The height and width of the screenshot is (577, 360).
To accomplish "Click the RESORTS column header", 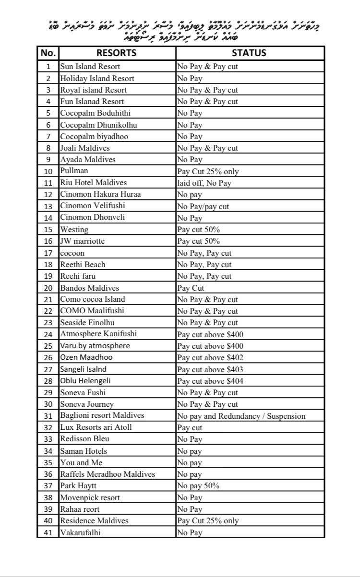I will [117, 53].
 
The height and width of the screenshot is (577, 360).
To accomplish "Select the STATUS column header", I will [249, 53].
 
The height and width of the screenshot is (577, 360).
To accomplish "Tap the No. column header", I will [48, 53].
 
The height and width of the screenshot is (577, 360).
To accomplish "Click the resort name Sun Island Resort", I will [90, 67].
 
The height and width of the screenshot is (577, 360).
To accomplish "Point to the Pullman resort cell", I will [74, 171].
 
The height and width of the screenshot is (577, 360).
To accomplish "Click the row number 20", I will [48, 288].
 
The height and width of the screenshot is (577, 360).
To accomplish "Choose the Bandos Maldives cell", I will [89, 288].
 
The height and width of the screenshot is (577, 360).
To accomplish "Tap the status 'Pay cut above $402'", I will [210, 357].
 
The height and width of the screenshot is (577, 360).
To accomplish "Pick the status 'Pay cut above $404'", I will [210, 381].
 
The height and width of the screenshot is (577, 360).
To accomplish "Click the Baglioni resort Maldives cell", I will [102, 415].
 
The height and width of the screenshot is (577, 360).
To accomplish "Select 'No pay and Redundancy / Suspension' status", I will [241, 416].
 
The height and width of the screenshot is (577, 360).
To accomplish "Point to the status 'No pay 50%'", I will [198, 486].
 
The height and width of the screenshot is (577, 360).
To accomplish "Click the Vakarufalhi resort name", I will [80, 532].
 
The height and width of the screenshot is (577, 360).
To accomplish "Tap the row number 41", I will [48, 532].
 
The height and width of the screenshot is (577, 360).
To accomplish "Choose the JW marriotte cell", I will [82, 241].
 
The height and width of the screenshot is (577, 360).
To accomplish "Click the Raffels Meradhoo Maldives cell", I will [108, 474].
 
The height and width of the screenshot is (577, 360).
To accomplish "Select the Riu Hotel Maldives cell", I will [93, 183].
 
